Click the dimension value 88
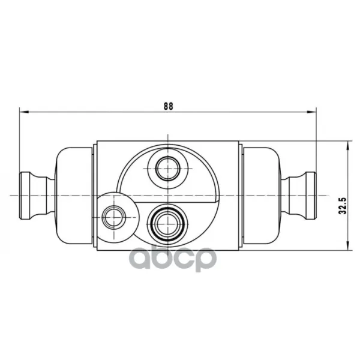coord(168,106)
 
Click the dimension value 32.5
coord(343,205)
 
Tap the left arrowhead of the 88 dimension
coord(24,112)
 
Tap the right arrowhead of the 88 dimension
coord(312,112)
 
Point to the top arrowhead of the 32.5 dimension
coord(349,146)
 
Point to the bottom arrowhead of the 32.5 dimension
coord(349,245)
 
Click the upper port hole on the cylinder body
coord(168,169)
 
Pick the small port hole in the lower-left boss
coord(114,217)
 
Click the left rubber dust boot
coord(74,196)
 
